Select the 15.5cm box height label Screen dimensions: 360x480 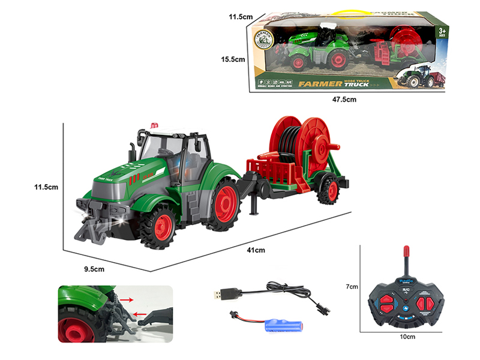coord(233,59)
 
